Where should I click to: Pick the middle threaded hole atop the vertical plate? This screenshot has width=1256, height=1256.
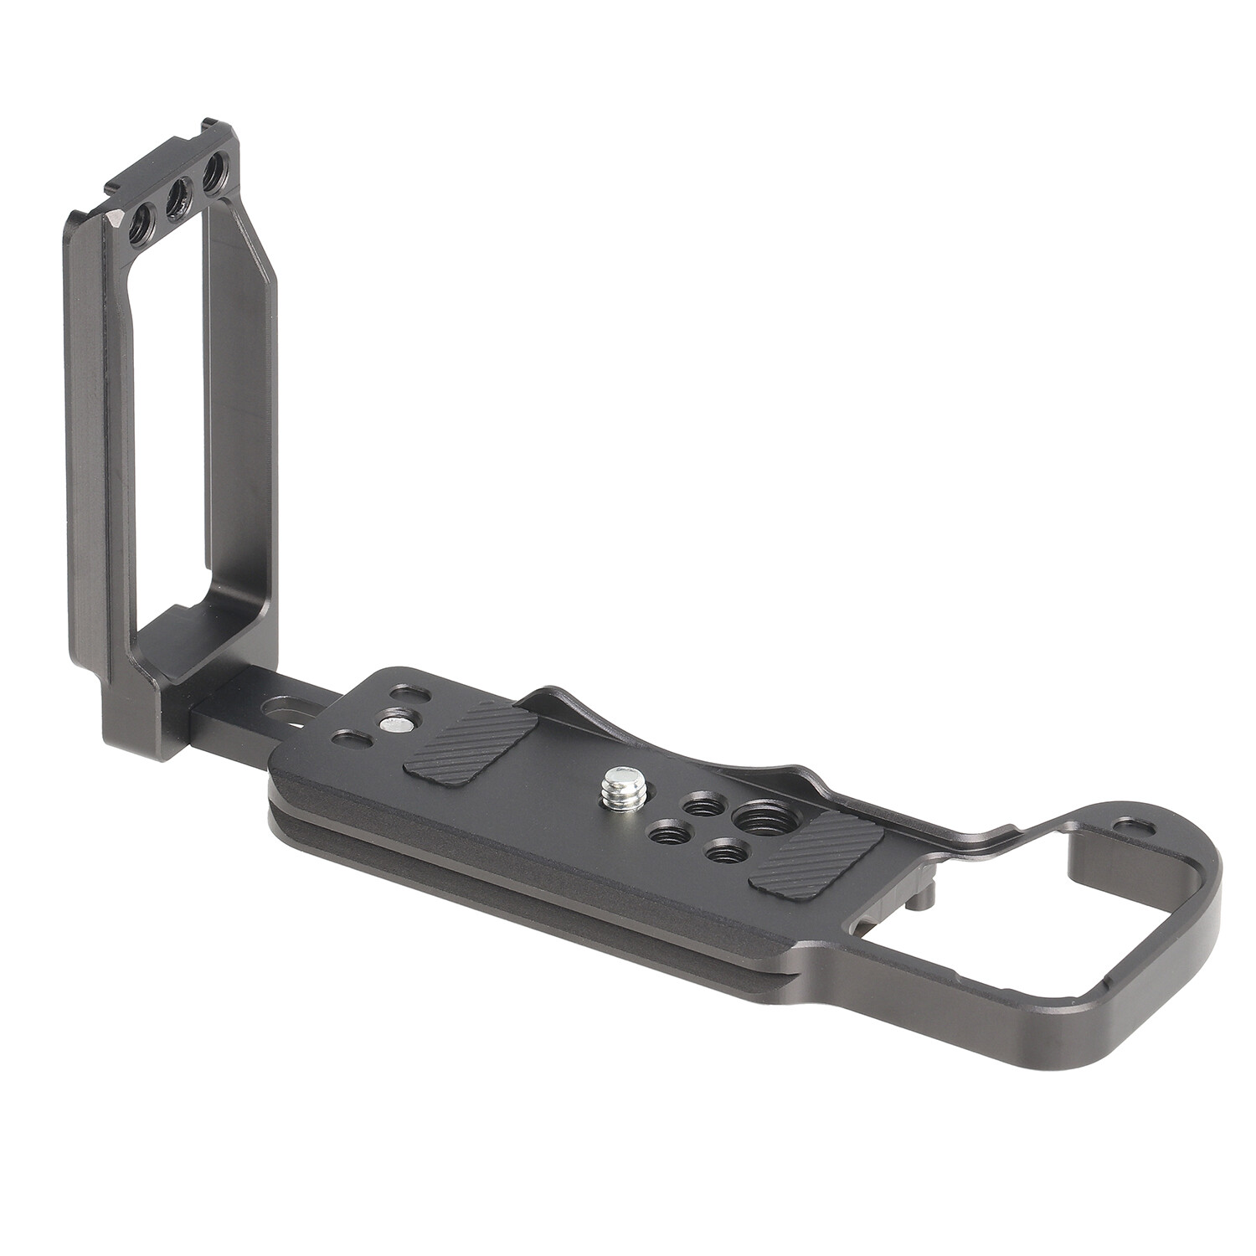coord(178,199)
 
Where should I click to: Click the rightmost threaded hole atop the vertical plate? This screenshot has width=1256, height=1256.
coord(214,178)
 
